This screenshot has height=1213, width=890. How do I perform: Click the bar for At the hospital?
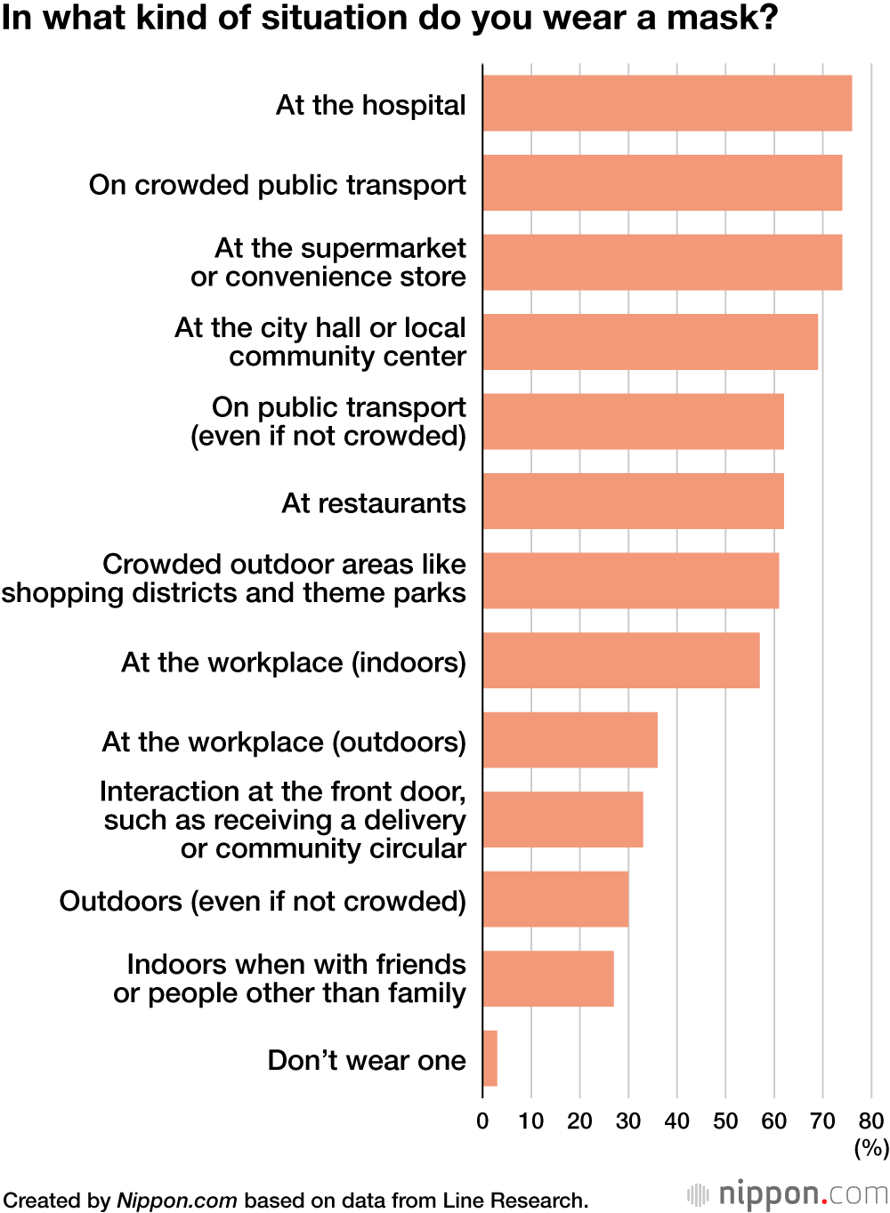[x=667, y=103]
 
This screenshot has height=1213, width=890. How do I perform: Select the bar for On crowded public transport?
[x=662, y=183]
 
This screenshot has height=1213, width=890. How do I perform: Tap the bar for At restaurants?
[x=633, y=502]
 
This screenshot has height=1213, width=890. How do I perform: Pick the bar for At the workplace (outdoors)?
[x=570, y=740]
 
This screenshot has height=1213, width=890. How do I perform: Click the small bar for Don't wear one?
[x=489, y=1058]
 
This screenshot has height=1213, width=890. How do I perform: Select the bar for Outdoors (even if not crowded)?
[x=555, y=899]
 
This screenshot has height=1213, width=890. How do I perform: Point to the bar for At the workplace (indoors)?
[x=620, y=661]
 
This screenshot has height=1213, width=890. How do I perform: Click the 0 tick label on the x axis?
[x=482, y=1121]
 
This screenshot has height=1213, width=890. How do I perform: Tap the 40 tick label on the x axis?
[x=676, y=1121]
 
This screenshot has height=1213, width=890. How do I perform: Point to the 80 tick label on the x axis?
[x=870, y=1121]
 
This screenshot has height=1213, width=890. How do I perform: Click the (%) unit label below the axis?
[x=871, y=1148]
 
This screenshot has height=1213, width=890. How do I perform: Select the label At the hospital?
[x=370, y=105]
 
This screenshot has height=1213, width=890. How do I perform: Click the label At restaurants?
[x=374, y=503]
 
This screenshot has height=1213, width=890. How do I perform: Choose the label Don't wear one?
[x=367, y=1060]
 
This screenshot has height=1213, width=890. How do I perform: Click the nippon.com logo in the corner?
[x=787, y=1193]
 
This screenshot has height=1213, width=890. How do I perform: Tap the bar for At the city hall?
[x=650, y=341]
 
